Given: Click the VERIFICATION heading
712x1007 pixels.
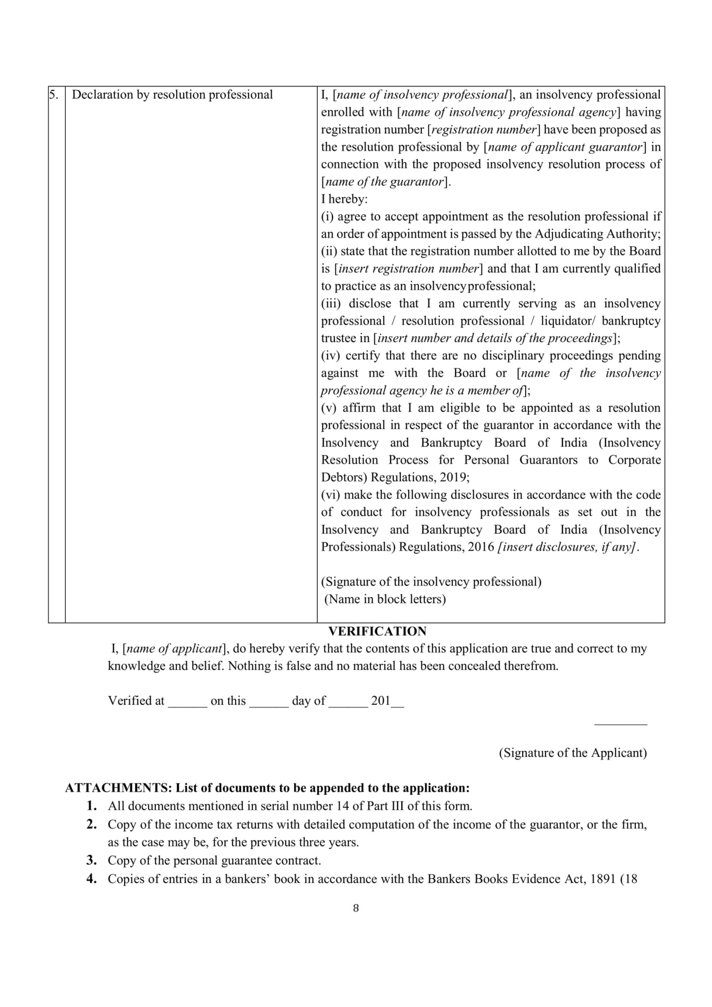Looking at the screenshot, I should tap(377, 631).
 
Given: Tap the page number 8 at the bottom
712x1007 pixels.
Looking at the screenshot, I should tap(356, 908).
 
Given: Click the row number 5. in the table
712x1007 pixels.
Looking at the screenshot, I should tap(54, 95).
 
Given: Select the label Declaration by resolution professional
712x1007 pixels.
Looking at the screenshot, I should tap(172, 95).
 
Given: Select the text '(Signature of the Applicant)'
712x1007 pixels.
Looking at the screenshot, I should tap(573, 753).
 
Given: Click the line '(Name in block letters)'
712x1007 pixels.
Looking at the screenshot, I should tap(385, 599).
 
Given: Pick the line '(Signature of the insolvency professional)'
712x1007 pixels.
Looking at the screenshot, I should tap(431, 582).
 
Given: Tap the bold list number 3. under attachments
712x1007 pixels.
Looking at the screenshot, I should tap(91, 860).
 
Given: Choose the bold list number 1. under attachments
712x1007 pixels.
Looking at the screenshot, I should tap(91, 806).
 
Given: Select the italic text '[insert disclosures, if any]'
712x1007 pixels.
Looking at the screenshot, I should tap(567, 547).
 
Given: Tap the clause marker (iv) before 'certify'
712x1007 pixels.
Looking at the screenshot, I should tap(330, 355).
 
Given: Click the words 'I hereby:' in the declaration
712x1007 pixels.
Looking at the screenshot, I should tap(344, 199).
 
